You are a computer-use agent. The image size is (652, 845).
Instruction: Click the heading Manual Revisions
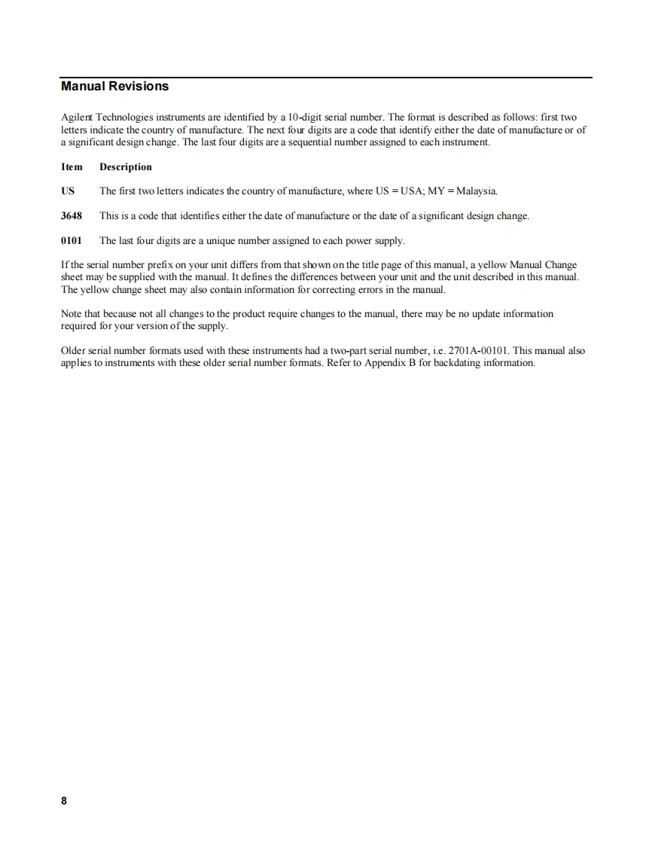coord(114,87)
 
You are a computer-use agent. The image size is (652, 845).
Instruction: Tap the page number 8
coord(64,801)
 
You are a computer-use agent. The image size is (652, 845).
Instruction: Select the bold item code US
coord(68,191)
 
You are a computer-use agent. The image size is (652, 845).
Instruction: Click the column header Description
coord(126,167)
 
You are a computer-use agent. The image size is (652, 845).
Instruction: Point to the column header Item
coord(72,167)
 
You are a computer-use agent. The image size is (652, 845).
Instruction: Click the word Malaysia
coord(477,191)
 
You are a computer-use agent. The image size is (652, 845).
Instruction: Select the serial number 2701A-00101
coord(479,351)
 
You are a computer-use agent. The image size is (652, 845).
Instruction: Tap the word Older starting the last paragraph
coord(74,351)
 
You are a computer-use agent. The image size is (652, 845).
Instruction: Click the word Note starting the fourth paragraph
coord(72,314)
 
